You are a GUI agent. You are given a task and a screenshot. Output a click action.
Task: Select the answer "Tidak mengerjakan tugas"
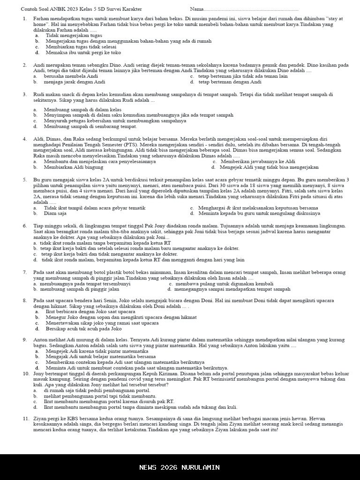pyautogui.click(x=74, y=35)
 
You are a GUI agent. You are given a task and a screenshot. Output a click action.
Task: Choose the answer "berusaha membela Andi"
pyautogui.click(x=71, y=76)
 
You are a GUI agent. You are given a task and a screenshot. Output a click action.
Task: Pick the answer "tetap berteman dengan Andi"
pyautogui.click(x=230, y=82)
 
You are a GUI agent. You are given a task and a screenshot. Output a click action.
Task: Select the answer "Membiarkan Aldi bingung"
pyautogui.click(x=74, y=167)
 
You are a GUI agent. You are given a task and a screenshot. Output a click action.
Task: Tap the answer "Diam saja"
pyautogui.click(x=55, y=213)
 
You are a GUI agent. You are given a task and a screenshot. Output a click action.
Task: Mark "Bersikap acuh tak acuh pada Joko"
pyautogui.click(x=83, y=329)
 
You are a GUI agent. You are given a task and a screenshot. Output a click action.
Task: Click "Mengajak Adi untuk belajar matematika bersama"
pyautogui.click(x=100, y=356)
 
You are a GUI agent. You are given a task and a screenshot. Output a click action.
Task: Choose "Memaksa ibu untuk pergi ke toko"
pyautogui.click(x=83, y=52)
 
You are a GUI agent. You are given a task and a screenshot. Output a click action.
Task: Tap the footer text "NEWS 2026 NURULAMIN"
pyautogui.click(x=180, y=467)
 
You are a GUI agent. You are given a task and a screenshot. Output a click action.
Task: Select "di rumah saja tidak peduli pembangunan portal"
pyautogui.click(x=97, y=390)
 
